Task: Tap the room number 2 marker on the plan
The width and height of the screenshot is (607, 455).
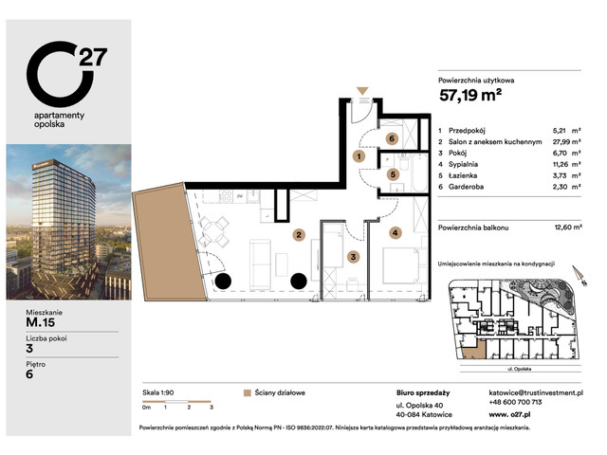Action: coord(298,234)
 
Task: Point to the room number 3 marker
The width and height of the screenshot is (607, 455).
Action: coord(352,256)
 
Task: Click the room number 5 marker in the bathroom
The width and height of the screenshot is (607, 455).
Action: coord(392,174)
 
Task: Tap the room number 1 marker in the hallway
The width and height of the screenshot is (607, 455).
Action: coord(359,156)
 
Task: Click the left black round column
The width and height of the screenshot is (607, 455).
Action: coord(222,281)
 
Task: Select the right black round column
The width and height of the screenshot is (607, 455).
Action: coord(298,281)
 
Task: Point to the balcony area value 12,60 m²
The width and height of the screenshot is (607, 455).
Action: coord(567,227)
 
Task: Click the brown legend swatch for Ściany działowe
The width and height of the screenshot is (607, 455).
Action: coord(247,391)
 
